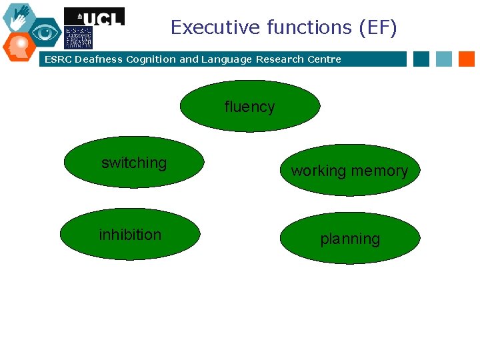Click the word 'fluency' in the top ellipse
(x=249, y=107)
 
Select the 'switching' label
(x=134, y=163)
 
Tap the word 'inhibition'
(x=130, y=235)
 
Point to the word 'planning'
(x=350, y=239)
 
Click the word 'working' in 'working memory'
(x=319, y=171)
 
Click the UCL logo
(x=94, y=17)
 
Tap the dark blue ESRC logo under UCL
(x=78, y=37)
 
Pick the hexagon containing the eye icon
(x=45, y=32)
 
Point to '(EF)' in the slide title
(x=377, y=27)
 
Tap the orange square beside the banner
(x=467, y=59)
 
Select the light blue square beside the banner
(x=444, y=59)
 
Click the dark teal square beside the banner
(x=421, y=59)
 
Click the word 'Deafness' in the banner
(x=99, y=59)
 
